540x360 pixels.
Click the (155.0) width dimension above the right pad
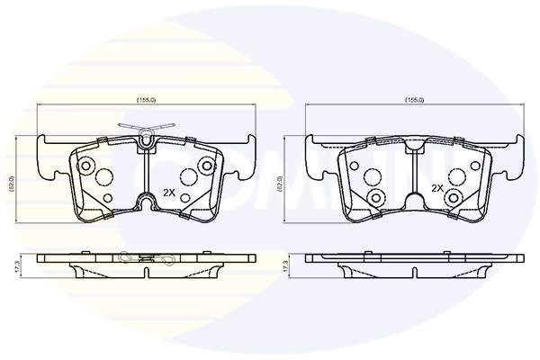414,99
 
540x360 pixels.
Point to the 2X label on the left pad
168,193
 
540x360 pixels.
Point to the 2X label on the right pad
436,189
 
